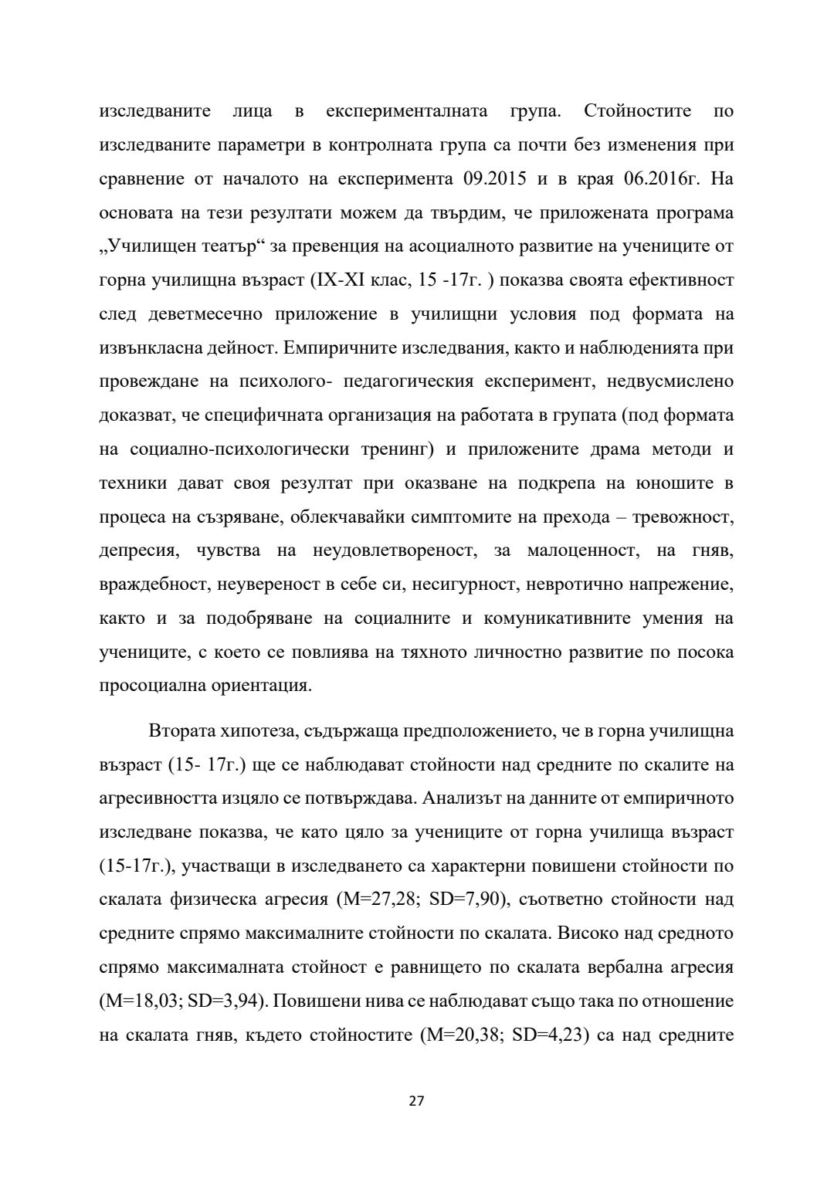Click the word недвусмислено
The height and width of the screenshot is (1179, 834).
tap(670, 381)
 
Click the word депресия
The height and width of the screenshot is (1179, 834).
tap(140, 551)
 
